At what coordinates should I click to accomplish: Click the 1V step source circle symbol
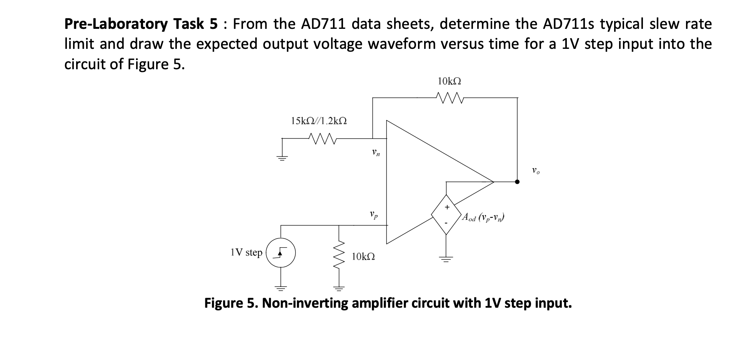click(x=281, y=252)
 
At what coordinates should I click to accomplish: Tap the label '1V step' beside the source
click(x=246, y=252)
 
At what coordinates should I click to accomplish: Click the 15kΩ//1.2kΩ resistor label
click(x=319, y=121)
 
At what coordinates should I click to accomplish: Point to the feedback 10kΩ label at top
click(x=449, y=81)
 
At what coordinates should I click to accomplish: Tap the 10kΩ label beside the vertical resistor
click(x=363, y=257)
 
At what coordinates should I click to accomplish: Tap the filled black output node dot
click(x=517, y=182)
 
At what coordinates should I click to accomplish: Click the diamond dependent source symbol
click(x=446, y=214)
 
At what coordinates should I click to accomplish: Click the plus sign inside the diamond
click(x=446, y=207)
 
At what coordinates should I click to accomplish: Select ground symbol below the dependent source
click(x=446, y=259)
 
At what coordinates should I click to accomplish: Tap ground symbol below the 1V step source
click(x=280, y=288)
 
